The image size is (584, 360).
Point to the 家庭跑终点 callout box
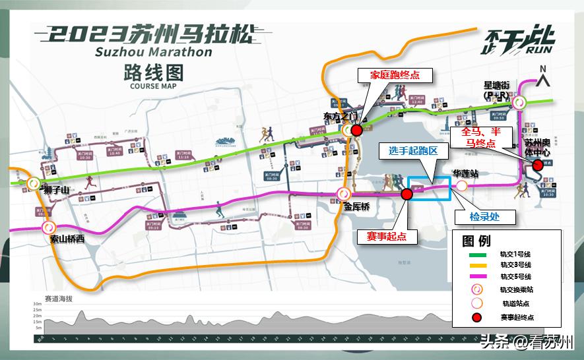(x=395, y=75)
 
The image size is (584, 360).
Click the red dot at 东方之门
(x=356, y=131)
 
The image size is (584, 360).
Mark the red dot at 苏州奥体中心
(x=537, y=165)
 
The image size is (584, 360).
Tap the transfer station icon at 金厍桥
(x=343, y=194)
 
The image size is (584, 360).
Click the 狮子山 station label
(x=56, y=191)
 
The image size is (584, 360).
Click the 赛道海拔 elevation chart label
(x=58, y=298)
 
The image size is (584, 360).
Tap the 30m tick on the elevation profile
(x=38, y=304)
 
